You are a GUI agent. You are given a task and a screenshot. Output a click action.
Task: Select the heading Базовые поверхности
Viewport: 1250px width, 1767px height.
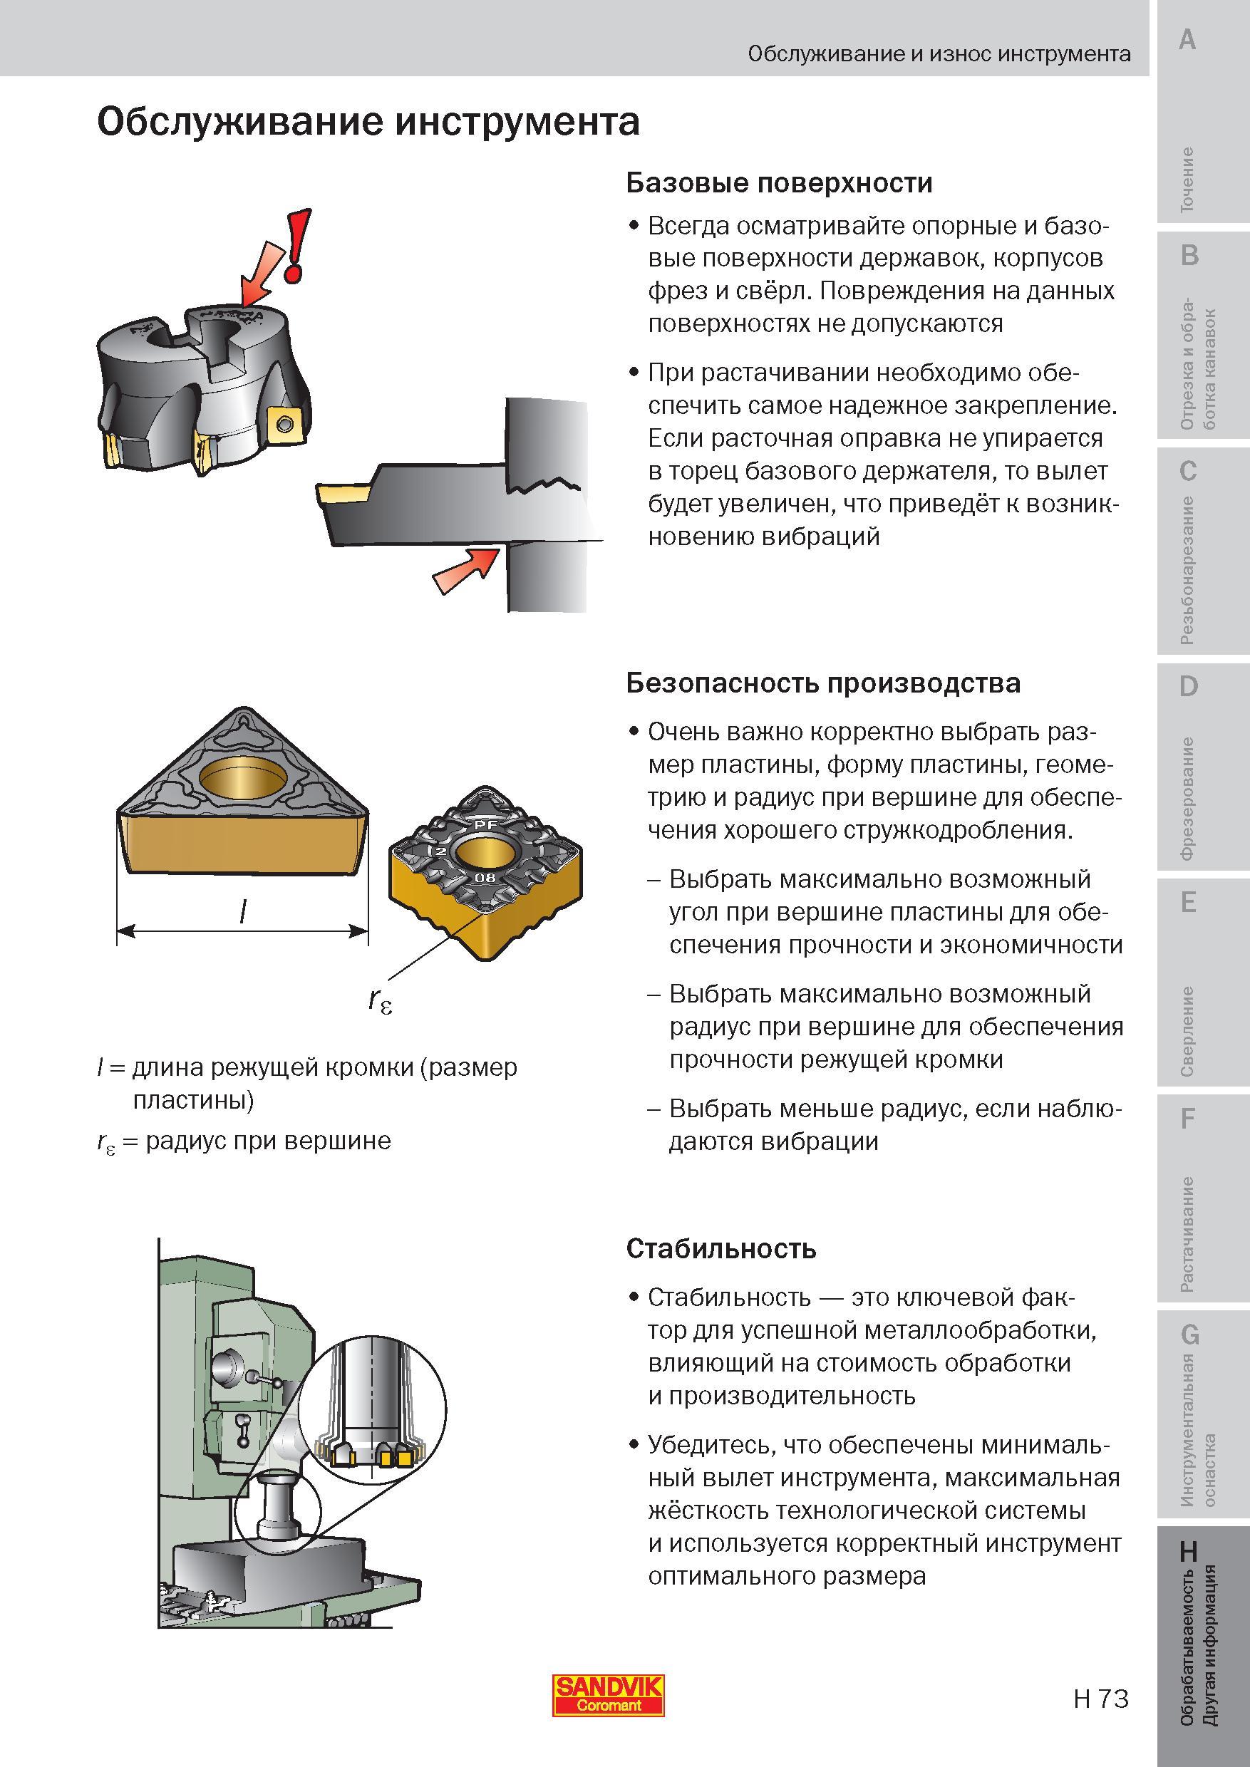[x=779, y=182]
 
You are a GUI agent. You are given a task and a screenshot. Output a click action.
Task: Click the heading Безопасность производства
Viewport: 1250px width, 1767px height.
[x=823, y=683]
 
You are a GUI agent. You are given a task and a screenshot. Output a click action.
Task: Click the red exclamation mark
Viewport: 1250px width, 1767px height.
[x=299, y=244]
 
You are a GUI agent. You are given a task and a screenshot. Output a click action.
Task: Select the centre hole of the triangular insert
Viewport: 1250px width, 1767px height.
[x=242, y=779]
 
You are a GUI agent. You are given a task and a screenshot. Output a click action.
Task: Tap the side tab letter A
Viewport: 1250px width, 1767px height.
[x=1188, y=38]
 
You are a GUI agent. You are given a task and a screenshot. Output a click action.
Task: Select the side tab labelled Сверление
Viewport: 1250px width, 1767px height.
[x=1188, y=1031]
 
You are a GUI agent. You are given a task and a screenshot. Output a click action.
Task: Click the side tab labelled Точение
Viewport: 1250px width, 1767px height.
[x=1188, y=180]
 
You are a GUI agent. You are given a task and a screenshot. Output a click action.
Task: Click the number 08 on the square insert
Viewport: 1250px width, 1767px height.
[x=485, y=879]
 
